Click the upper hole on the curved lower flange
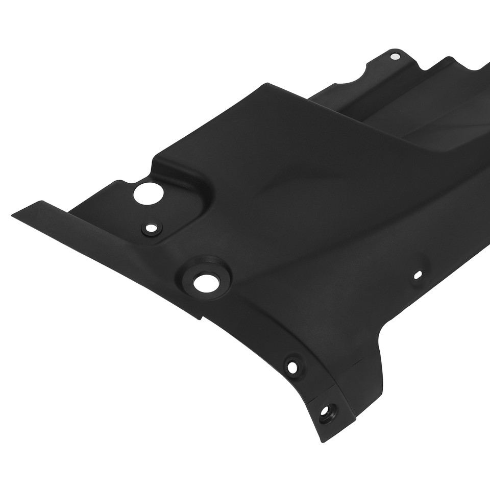point(292,366)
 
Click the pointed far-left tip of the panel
point(12,214)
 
